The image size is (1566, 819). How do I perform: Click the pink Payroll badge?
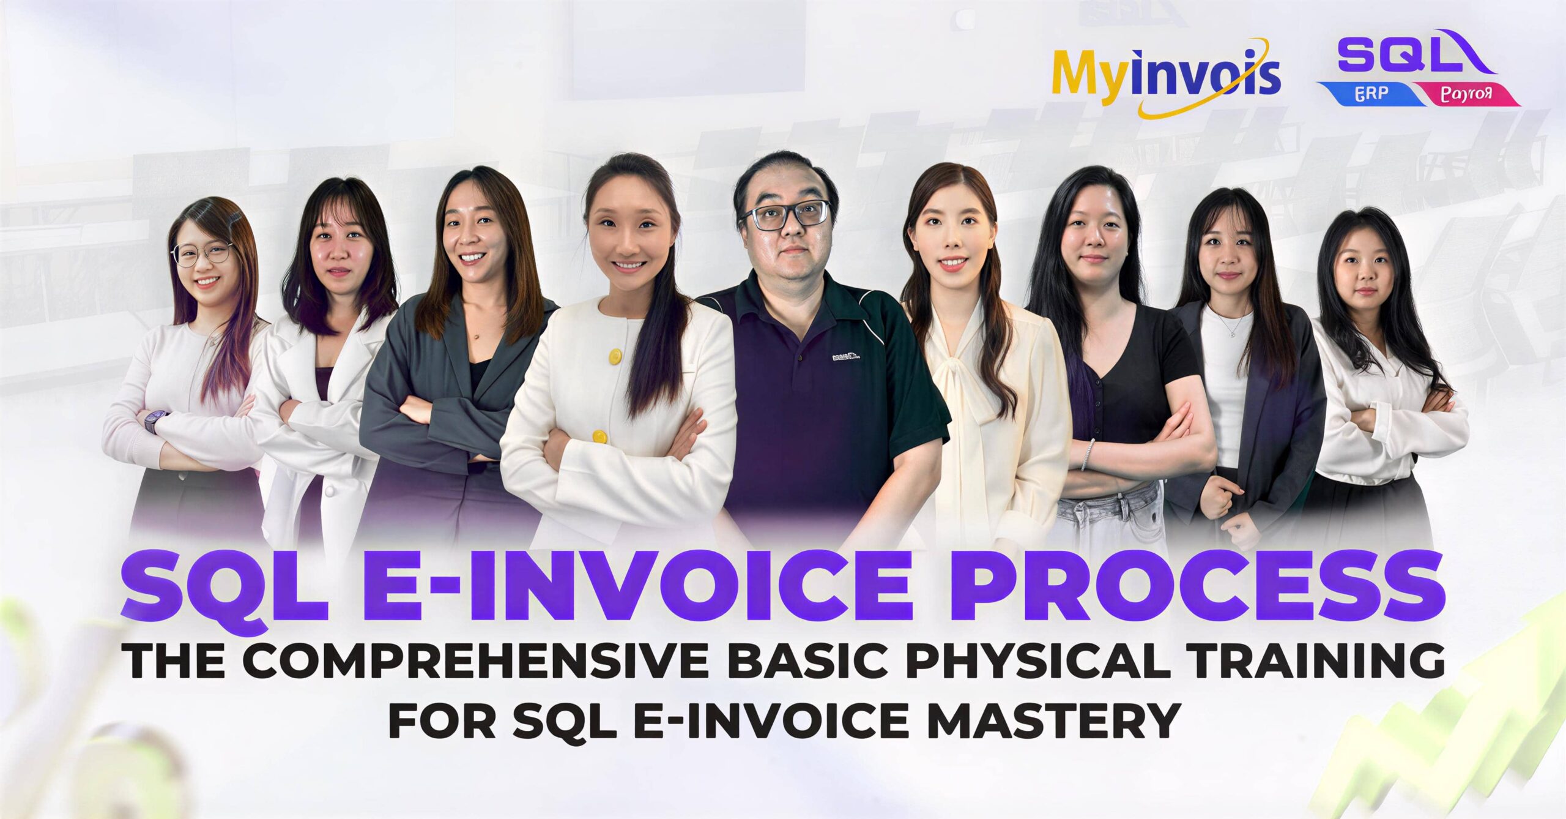(1462, 95)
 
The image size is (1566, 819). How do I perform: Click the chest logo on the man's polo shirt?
(845, 355)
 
